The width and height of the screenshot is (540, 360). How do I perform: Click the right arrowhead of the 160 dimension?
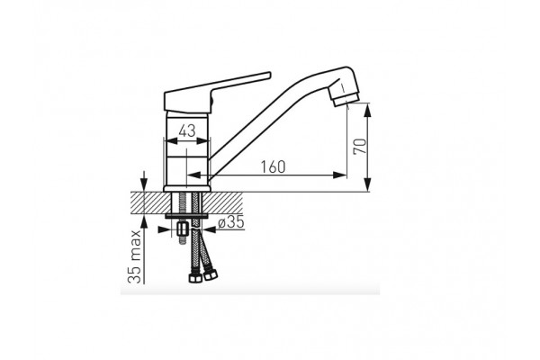click(341, 175)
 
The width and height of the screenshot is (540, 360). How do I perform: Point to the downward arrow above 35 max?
click(141, 183)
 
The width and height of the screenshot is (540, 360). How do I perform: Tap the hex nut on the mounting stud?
click(181, 230)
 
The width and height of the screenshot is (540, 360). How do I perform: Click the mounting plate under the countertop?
click(188, 216)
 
